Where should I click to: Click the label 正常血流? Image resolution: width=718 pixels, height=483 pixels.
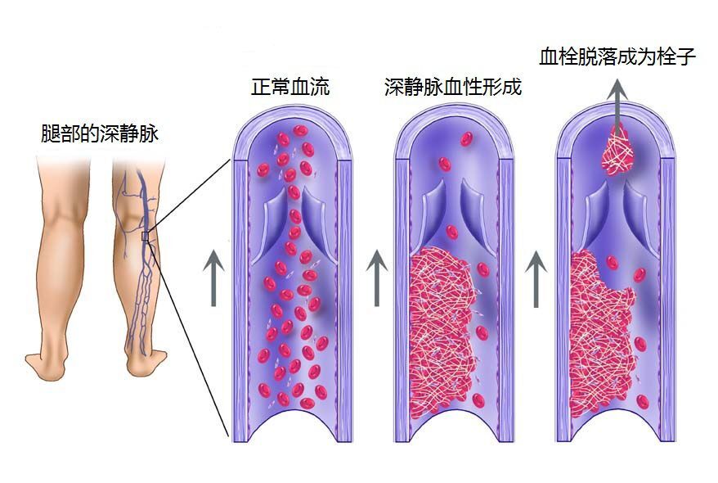click(x=290, y=86)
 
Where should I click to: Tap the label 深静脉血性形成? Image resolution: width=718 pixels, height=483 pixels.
click(x=453, y=87)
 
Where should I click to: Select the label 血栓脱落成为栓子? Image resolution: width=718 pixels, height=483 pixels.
click(x=617, y=56)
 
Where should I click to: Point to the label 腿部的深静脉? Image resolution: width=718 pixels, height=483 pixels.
click(x=100, y=133)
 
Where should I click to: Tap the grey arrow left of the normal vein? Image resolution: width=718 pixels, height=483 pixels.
click(x=213, y=278)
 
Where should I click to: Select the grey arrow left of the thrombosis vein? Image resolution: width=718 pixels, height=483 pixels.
click(x=377, y=278)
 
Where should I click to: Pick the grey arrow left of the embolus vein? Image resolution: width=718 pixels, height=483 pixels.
click(x=536, y=278)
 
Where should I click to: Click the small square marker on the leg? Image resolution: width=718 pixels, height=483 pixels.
click(x=145, y=236)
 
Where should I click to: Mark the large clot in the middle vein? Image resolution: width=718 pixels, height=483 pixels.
click(x=442, y=328)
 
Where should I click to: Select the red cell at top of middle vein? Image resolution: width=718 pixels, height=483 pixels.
click(x=467, y=139)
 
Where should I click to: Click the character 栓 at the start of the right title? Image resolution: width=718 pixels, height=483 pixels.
click(x=569, y=56)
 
